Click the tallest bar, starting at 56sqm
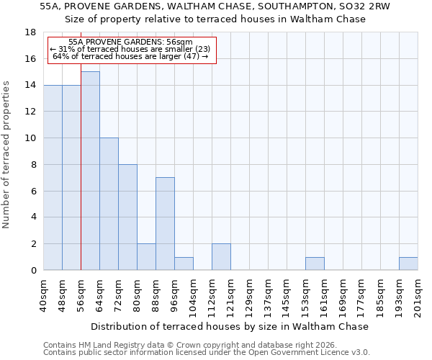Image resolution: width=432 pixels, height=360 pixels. (x=90, y=171)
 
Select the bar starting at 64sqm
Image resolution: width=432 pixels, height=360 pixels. (x=109, y=204)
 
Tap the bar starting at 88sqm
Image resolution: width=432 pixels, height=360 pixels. (x=165, y=224)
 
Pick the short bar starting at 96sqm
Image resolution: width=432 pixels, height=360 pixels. (x=184, y=264)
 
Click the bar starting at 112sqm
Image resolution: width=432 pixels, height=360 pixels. (x=221, y=257)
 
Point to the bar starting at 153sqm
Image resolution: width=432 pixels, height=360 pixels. (x=315, y=264)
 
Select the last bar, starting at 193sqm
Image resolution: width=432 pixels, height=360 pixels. (x=408, y=264)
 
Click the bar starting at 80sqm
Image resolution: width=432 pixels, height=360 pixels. (x=146, y=257)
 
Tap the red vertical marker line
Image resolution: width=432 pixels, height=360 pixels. (x=81, y=180)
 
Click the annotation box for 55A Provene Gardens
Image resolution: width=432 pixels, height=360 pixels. (x=132, y=50)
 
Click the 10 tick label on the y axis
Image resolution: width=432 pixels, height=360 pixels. (x=31, y=138)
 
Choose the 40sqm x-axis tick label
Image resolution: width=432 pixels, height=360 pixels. (x=44, y=295)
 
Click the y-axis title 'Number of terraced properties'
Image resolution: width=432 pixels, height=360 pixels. (x=7, y=155)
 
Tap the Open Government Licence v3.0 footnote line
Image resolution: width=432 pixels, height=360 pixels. (x=207, y=353)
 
